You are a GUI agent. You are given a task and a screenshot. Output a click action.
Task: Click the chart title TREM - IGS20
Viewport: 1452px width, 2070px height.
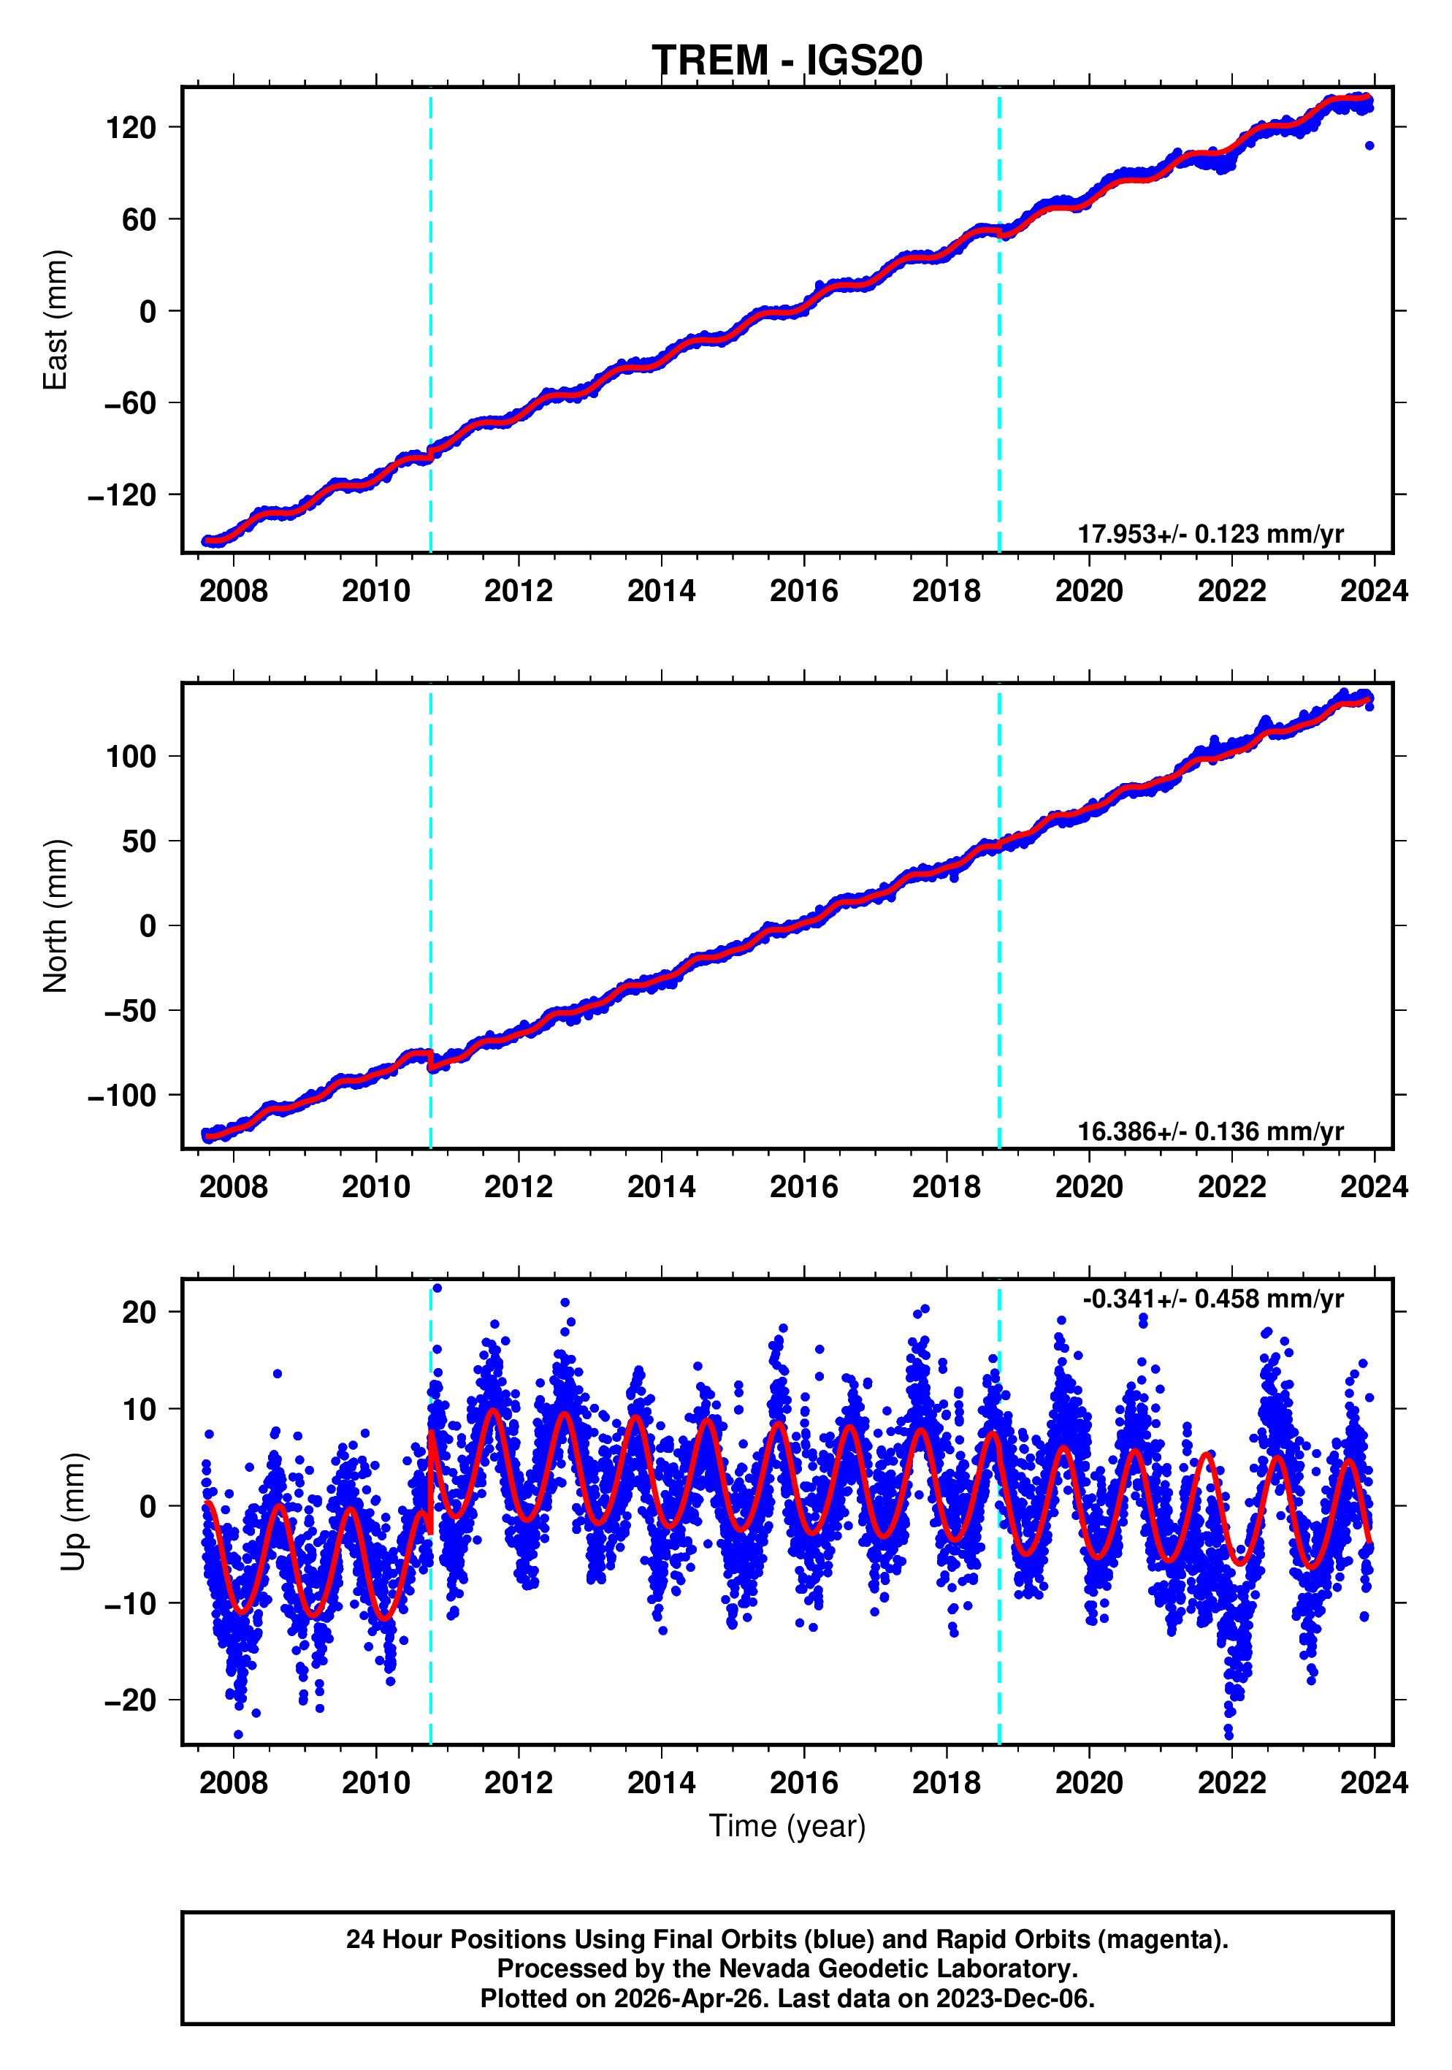(x=787, y=61)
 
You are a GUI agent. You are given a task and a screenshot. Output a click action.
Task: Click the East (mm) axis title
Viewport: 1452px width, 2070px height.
(x=56, y=320)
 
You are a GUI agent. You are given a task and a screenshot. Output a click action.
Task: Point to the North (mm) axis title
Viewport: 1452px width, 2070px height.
(x=56, y=916)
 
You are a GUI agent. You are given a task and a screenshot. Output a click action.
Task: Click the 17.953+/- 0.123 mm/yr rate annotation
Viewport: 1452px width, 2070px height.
(x=1210, y=534)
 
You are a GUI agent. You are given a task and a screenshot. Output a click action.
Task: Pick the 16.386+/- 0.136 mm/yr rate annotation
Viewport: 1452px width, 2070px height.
(x=1210, y=1131)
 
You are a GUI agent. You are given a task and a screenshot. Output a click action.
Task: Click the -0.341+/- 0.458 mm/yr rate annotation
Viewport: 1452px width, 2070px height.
(x=1212, y=1299)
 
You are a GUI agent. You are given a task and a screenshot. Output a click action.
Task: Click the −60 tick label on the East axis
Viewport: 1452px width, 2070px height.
(x=130, y=403)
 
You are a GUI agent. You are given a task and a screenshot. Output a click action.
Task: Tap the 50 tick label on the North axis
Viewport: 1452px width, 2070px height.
(x=139, y=841)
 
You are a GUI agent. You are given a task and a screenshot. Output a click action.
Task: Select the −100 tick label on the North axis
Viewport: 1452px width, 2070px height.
(x=122, y=1096)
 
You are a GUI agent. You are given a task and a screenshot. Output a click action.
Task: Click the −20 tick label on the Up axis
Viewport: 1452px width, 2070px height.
(x=130, y=1700)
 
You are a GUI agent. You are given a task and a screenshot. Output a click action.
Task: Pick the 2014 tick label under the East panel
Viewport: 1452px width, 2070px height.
(x=661, y=592)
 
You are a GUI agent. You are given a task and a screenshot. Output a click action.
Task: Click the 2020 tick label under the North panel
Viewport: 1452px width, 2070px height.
(x=1089, y=1188)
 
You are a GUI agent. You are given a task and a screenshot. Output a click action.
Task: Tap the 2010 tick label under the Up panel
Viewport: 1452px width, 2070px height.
(x=376, y=1783)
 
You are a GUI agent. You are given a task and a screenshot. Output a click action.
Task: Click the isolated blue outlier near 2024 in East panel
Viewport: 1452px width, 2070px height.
(x=1369, y=145)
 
